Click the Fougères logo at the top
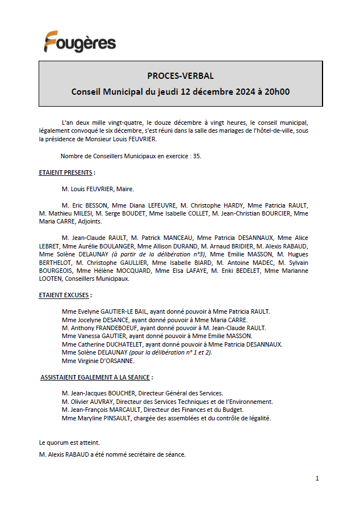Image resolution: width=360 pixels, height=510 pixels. click(80, 42)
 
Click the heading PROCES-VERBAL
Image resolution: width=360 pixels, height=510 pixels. click(180, 76)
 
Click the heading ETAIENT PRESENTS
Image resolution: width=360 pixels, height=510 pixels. click(66, 172)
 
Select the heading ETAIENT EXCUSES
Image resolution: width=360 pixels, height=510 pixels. click(65, 295)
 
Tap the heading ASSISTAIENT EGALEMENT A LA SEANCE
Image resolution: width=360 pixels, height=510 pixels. click(97, 377)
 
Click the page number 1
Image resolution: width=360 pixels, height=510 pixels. click(317, 478)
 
